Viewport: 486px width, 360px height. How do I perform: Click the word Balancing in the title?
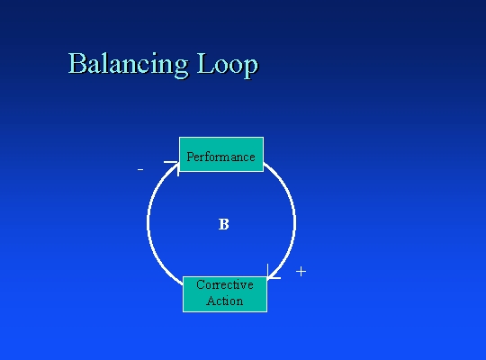(x=128, y=65)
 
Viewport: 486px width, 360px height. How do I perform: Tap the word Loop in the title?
(x=227, y=65)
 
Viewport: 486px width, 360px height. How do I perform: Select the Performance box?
(x=221, y=154)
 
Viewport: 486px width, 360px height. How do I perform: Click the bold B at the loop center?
(x=224, y=224)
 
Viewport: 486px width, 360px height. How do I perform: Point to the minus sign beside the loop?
(x=140, y=169)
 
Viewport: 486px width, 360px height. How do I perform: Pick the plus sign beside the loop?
(x=301, y=272)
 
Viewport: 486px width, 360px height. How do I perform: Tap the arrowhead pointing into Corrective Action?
(x=274, y=272)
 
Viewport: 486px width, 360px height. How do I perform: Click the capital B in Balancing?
(x=76, y=63)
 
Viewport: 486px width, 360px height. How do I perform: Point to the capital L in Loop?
(x=205, y=63)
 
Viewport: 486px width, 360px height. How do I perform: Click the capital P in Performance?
(x=190, y=157)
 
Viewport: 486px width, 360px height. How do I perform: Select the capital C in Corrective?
(x=200, y=284)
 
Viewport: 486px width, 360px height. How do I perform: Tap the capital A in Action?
(x=211, y=301)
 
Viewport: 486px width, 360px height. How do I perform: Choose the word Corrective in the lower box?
(x=225, y=284)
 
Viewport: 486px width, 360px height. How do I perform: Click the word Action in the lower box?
(x=225, y=301)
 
